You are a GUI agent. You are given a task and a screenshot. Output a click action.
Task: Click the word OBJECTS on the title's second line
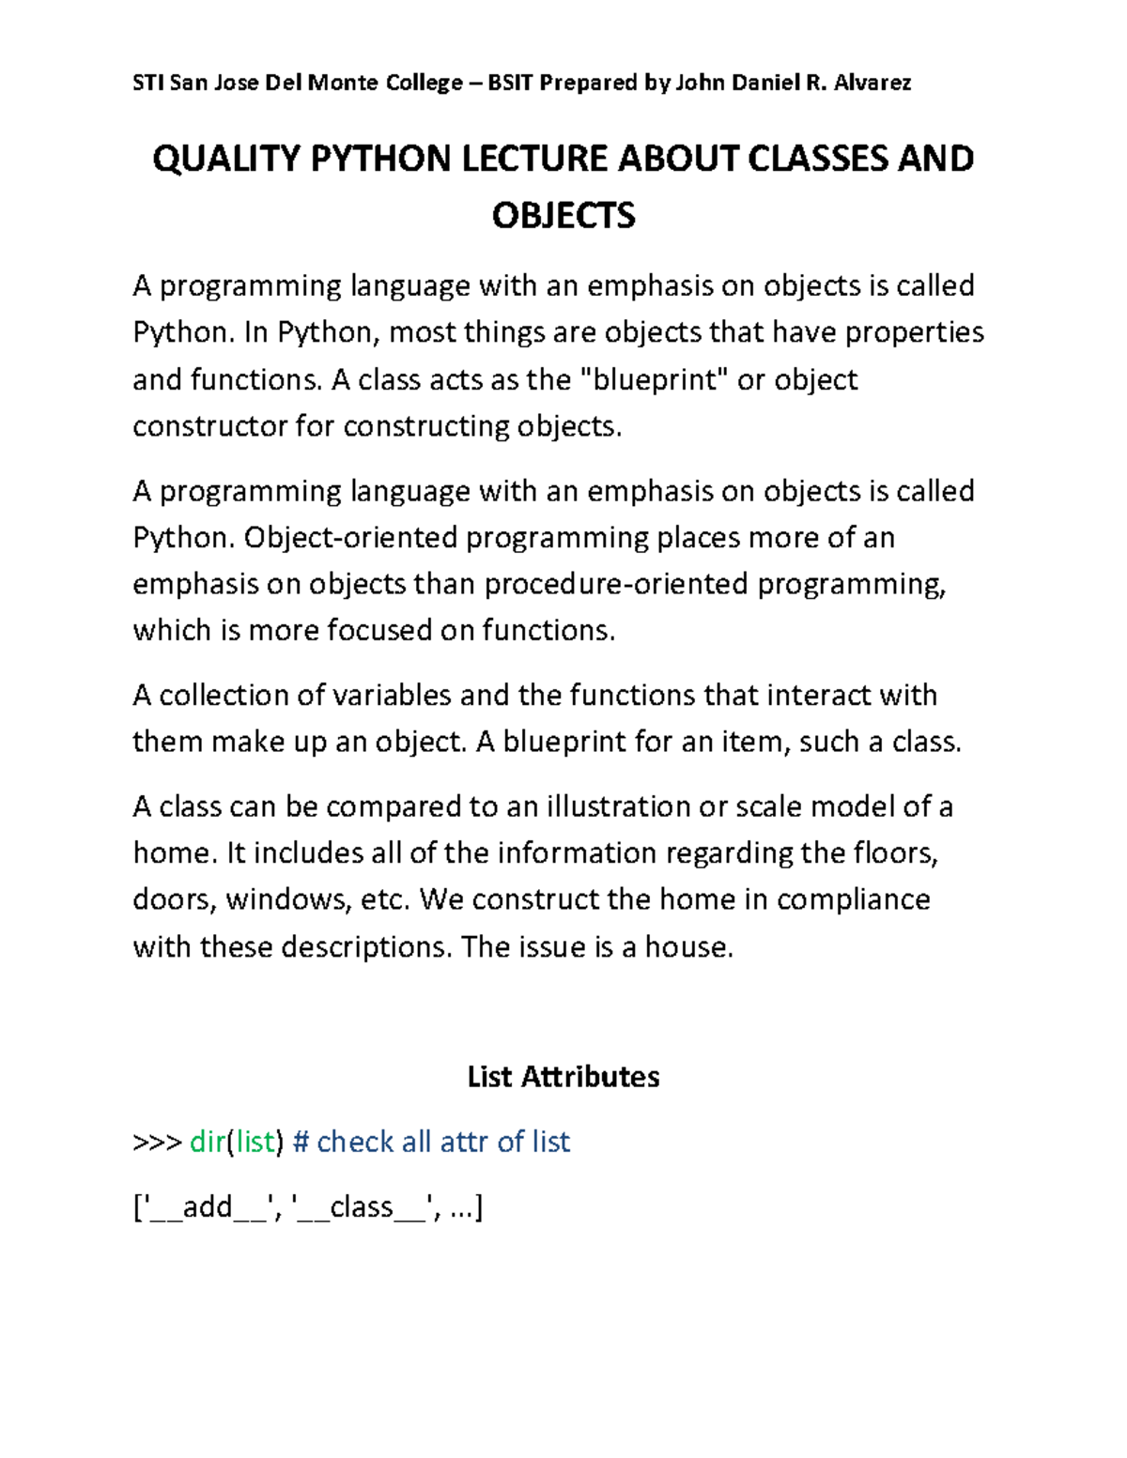pyautogui.click(x=563, y=216)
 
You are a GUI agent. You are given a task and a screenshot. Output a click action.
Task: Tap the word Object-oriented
pyautogui.click(x=350, y=537)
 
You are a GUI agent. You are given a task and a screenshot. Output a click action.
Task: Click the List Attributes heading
pyautogui.click(x=563, y=1076)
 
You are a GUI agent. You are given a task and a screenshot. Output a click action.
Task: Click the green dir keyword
pyautogui.click(x=208, y=1142)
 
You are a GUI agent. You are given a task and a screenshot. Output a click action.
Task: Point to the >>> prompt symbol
pyautogui.click(x=157, y=1143)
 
